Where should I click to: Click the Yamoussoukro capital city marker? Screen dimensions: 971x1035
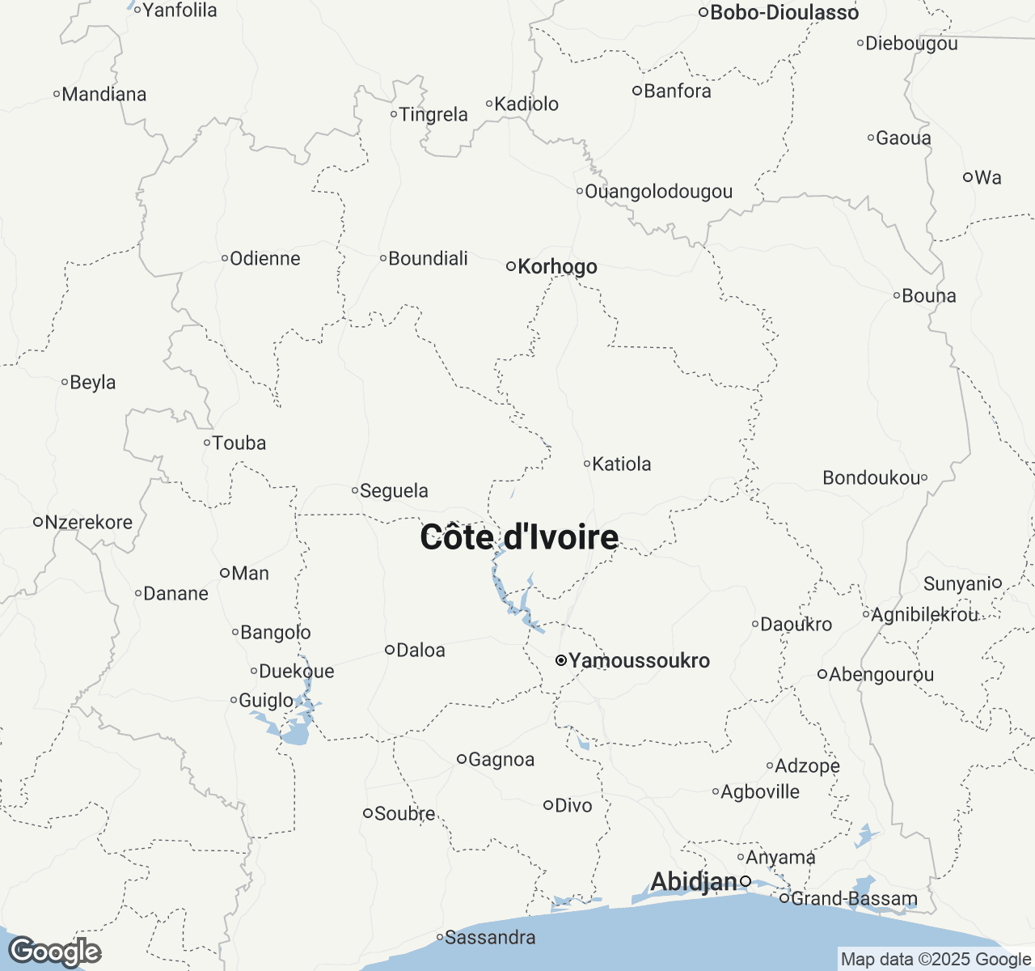(560, 661)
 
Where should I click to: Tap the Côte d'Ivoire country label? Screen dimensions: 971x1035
(519, 537)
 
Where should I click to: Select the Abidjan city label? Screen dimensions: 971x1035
(693, 881)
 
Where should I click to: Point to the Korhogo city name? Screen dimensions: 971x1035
(557, 266)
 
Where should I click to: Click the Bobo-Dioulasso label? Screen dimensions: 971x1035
(784, 12)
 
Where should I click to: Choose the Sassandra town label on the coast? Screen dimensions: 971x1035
(490, 937)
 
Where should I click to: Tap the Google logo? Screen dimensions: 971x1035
(54, 952)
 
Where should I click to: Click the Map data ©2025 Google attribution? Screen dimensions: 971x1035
(936, 960)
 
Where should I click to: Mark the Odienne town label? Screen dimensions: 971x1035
(264, 259)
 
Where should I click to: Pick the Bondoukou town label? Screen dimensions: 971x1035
(871, 478)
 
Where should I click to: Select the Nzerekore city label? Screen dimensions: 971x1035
(88, 522)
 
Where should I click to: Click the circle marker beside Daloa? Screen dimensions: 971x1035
(389, 650)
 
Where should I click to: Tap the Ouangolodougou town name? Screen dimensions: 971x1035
(658, 192)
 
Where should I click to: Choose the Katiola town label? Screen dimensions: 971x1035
(621, 464)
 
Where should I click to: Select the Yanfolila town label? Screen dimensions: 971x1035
(180, 11)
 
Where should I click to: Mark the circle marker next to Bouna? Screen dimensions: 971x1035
(897, 295)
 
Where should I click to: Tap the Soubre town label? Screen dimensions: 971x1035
(404, 813)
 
